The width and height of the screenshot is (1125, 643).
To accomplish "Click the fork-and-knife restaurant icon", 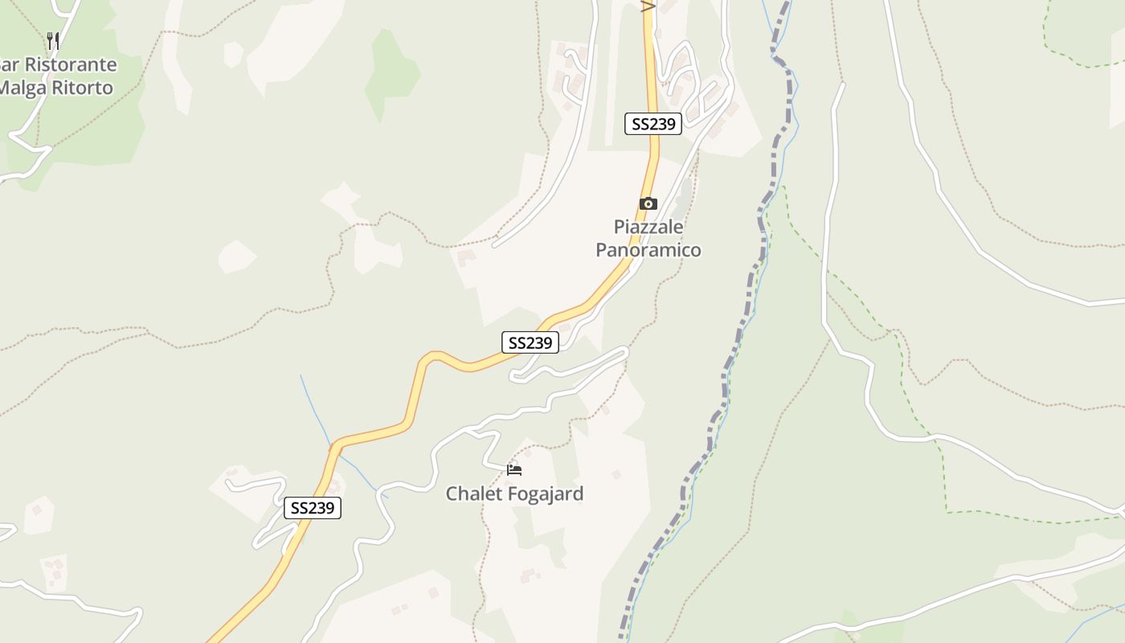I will coord(53,40).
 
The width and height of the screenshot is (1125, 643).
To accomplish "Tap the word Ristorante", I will coord(68,65).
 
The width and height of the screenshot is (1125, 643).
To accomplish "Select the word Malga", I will coord(22,88).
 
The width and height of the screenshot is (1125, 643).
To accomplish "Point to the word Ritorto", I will coord(82,88).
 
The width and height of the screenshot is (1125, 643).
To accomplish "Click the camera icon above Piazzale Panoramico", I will coord(648,203).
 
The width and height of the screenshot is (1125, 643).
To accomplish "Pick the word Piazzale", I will coord(648,227).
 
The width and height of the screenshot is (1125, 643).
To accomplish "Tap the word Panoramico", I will coord(648,250).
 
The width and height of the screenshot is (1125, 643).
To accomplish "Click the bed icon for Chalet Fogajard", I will coord(514,469).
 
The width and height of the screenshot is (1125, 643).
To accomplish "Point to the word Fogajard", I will coord(549,494).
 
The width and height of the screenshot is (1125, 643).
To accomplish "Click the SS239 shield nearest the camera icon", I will coord(653,124).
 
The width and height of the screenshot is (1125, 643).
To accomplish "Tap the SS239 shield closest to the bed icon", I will coord(530,342).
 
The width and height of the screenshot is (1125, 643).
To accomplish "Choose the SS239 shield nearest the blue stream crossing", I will coord(313,508).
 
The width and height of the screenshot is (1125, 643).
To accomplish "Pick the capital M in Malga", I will coord(6,88).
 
